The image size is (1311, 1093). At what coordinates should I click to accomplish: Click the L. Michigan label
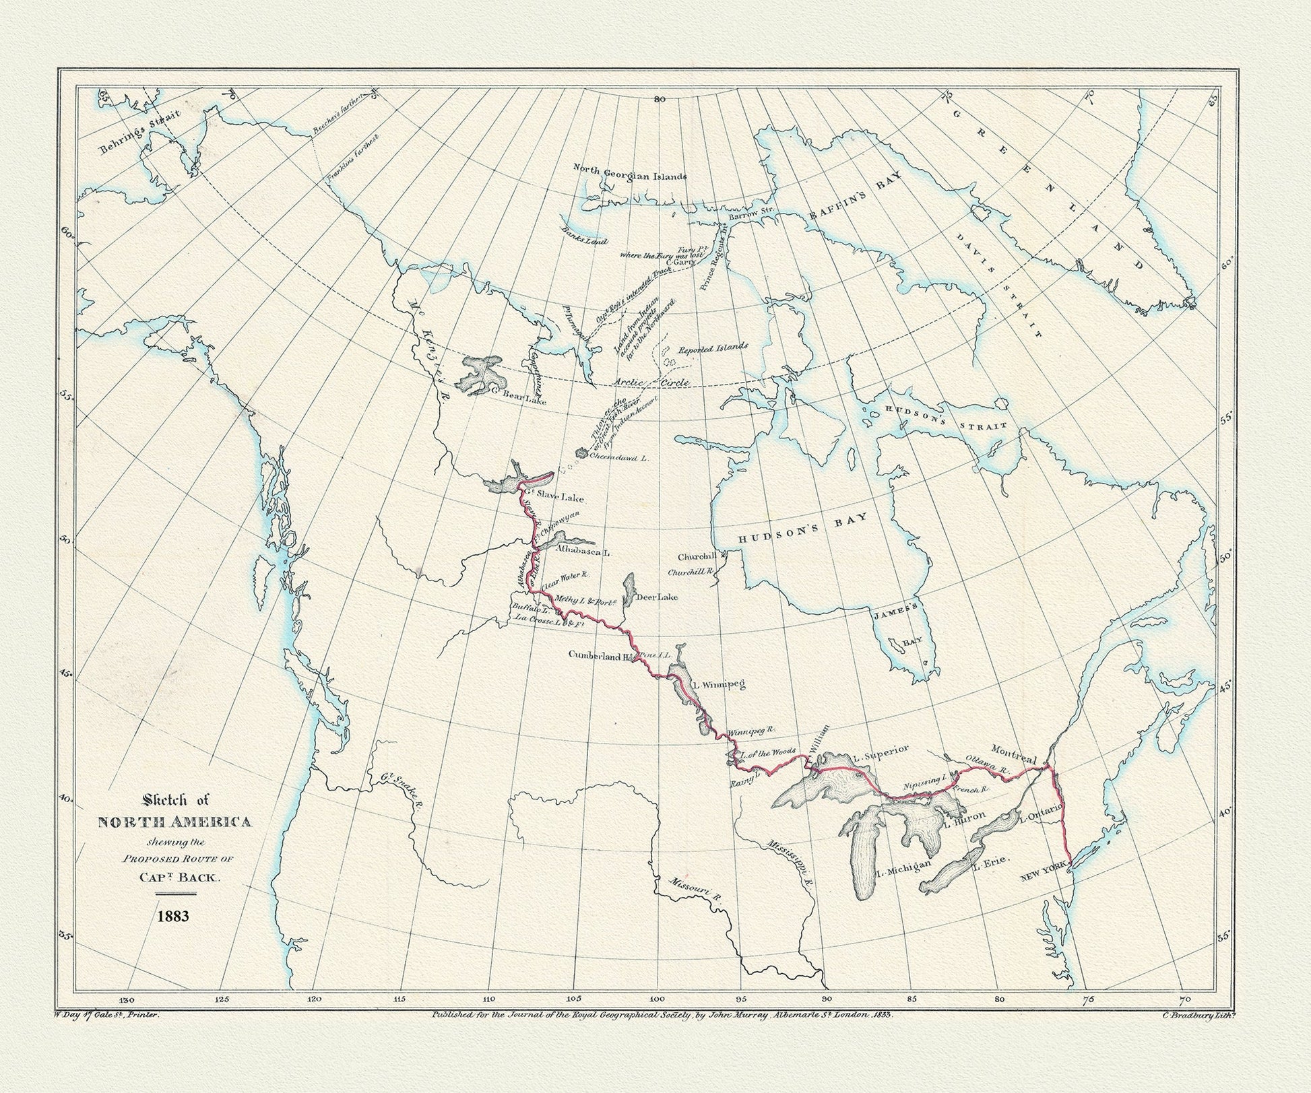903,867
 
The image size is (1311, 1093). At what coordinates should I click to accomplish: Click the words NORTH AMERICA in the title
175,822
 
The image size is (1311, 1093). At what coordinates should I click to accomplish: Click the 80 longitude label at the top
659,99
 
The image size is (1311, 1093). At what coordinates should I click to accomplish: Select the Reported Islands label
712,348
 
